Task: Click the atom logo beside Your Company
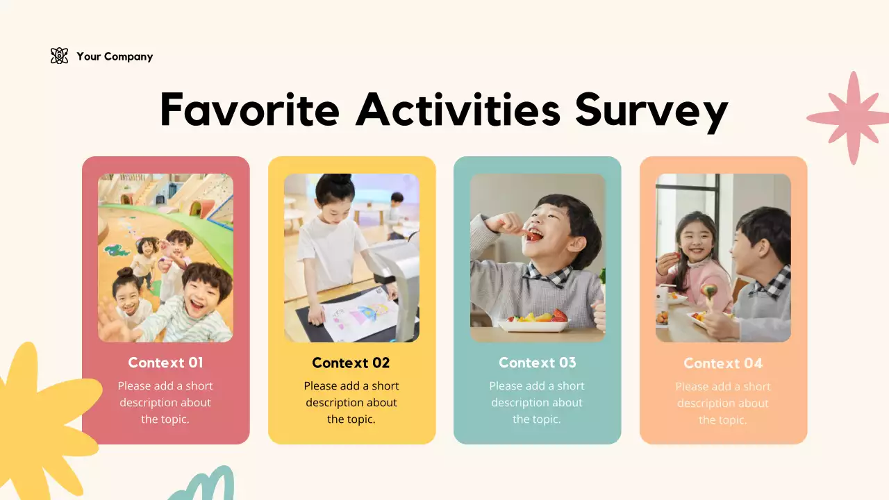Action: coord(60,56)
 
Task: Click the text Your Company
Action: coord(115,57)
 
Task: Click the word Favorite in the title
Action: coord(249,110)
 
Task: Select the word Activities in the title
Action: coord(458,110)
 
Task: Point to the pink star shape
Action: coord(851,118)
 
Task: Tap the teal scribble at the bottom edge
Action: coord(205,486)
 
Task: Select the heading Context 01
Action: coord(165,362)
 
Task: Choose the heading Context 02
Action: coord(351,362)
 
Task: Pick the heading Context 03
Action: coord(538,362)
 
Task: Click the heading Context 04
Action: coord(723,363)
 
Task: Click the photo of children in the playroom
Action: coord(165,258)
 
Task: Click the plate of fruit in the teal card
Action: coord(535,321)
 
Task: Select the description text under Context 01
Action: coord(165,403)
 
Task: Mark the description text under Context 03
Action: coord(537,403)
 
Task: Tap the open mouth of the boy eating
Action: coord(533,235)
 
